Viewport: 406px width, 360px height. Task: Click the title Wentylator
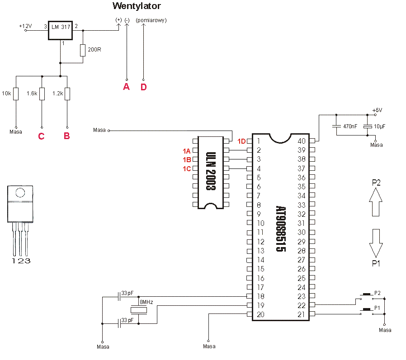click(x=137, y=6)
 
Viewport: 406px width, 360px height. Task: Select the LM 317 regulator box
click(x=60, y=30)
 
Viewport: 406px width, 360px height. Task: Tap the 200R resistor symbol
click(x=83, y=50)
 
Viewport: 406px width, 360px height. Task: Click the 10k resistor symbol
click(x=16, y=94)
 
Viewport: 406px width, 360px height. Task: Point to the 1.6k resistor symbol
click(x=42, y=94)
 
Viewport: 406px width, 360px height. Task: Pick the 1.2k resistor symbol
click(x=67, y=94)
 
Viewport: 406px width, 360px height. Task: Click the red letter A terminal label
click(x=126, y=87)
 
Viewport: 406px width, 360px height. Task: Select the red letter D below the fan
click(x=144, y=87)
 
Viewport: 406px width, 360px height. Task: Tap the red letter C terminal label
click(x=42, y=136)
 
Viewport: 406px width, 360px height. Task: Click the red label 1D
click(x=241, y=141)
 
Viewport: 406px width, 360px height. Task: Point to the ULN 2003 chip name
click(x=211, y=171)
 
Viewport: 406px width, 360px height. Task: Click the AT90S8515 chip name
click(x=281, y=229)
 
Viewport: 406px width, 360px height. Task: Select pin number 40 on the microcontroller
click(x=302, y=141)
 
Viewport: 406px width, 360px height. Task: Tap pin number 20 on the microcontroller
click(x=260, y=314)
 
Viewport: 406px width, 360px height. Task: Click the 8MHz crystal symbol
click(x=139, y=310)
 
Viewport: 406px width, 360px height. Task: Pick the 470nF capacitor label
click(x=350, y=126)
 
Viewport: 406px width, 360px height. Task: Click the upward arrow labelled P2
click(x=376, y=202)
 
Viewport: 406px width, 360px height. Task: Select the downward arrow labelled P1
click(x=376, y=243)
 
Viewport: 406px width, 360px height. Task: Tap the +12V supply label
click(x=25, y=26)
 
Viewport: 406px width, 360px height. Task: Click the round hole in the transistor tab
click(x=20, y=193)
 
